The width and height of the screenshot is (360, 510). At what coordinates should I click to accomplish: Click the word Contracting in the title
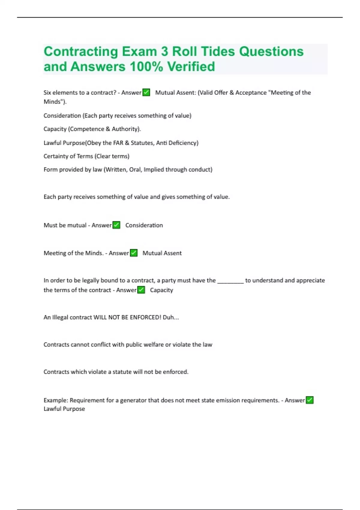[81, 52]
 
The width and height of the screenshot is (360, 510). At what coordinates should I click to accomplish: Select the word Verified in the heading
[191, 67]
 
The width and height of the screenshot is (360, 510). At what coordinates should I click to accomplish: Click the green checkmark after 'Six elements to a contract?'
[146, 92]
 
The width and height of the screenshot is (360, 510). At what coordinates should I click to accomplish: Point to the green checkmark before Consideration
[116, 225]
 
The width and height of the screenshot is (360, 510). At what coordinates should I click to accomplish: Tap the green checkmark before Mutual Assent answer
[134, 253]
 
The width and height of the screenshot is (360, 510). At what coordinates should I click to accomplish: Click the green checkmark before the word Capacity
[141, 290]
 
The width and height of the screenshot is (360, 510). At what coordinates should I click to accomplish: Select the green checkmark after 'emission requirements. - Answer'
[310, 400]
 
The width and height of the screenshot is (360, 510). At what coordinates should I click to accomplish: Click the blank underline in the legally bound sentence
[230, 281]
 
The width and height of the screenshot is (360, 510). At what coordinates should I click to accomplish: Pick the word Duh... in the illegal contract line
[171, 317]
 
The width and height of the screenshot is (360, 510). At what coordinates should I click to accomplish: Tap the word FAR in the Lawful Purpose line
[118, 143]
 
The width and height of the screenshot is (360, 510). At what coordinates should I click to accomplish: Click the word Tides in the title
[218, 52]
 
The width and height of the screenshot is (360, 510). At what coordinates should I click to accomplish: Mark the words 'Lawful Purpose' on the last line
[64, 409]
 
